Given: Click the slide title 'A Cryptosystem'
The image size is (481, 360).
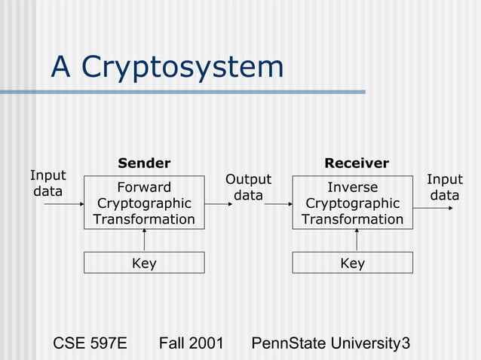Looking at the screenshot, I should tap(167, 68).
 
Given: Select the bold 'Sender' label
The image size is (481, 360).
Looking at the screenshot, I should tap(144, 163).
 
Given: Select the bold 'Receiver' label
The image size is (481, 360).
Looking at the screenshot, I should tap(356, 163).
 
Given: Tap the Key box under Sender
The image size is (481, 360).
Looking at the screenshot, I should tap(144, 263).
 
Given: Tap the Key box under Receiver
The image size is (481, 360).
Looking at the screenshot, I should tap(352, 263).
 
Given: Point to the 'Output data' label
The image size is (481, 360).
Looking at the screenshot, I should tap(248, 188).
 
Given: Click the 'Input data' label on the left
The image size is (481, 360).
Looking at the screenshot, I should tap(47, 184).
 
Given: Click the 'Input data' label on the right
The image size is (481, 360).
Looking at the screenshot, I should tap(445, 188).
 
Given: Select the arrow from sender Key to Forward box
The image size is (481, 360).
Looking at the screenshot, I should tap(144, 240).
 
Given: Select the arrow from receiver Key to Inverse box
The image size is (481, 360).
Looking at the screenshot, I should tap(357, 240).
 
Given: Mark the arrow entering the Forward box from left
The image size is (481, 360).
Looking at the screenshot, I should tap(63, 203).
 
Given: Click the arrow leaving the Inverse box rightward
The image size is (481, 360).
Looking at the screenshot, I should tap(434, 207).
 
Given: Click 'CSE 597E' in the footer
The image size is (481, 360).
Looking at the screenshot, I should tap(90, 344).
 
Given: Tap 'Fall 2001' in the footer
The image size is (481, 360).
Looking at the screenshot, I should tap(191, 344).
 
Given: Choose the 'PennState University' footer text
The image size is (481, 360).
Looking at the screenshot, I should tap(326, 344).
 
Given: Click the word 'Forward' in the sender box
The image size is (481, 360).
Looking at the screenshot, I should tap(144, 188).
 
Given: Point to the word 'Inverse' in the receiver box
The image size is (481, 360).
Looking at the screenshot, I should tap(352, 188).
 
